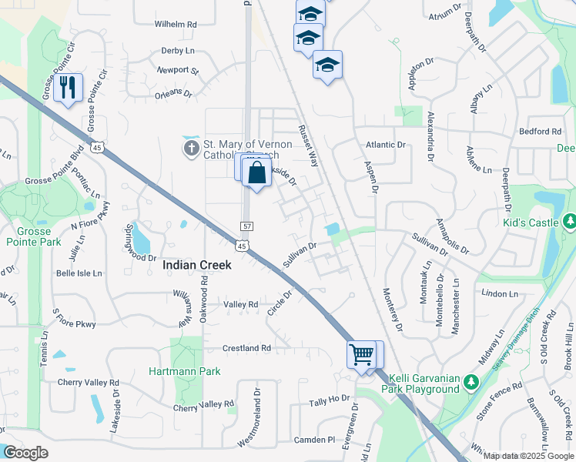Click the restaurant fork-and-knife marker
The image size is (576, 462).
pyautogui.click(x=69, y=88)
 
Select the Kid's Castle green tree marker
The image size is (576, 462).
pyautogui.click(x=570, y=223)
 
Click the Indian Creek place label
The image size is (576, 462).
pyautogui.click(x=197, y=265)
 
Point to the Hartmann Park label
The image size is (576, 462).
pyautogui.click(x=185, y=371)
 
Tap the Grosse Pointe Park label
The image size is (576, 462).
pyautogui.click(x=34, y=236)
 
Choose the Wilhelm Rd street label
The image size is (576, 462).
pyautogui.click(x=176, y=25)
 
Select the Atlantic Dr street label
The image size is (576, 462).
pyautogui.click(x=385, y=144)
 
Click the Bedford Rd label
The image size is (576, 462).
pyautogui.click(x=540, y=132)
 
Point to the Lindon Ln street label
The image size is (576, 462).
pyautogui.click(x=499, y=293)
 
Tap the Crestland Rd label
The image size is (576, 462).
pyautogui.click(x=246, y=348)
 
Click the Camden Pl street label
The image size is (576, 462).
pyautogui.click(x=315, y=440)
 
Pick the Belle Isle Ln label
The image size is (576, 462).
pyautogui.click(x=79, y=273)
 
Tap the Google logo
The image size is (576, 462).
pyautogui.click(x=25, y=452)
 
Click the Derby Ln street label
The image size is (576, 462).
pyautogui.click(x=178, y=51)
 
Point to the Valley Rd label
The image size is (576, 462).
pyautogui.click(x=240, y=305)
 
